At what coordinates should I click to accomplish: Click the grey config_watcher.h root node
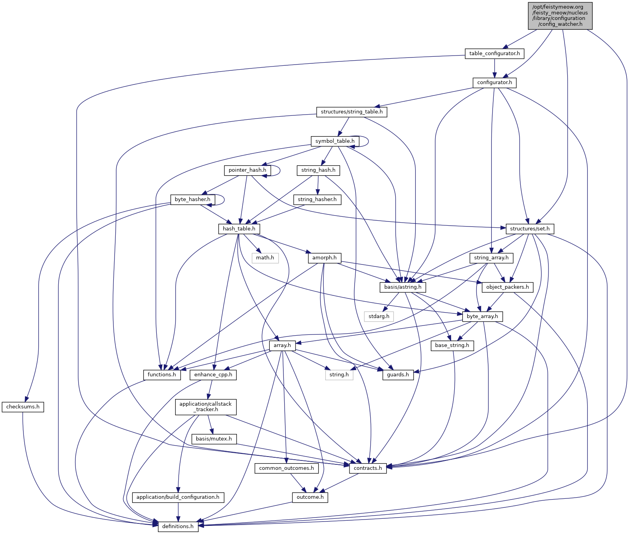(560, 16)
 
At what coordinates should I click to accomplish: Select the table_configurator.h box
(495, 54)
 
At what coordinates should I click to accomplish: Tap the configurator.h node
(495, 83)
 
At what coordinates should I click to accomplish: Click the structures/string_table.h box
(351, 112)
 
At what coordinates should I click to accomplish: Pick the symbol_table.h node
(335, 141)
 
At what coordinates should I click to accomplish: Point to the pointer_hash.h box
(247, 170)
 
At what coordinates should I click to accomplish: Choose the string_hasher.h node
(317, 200)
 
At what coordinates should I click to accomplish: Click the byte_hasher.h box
(192, 200)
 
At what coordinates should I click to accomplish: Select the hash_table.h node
(239, 229)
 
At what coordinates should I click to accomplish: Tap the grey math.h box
(265, 258)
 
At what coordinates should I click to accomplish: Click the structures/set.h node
(530, 229)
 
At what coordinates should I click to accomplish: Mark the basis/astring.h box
(403, 287)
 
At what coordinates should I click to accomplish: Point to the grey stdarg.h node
(379, 316)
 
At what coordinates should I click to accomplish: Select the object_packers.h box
(507, 287)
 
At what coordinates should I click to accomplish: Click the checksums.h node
(23, 407)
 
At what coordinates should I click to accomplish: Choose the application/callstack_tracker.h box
(206, 407)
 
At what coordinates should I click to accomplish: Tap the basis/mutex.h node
(214, 439)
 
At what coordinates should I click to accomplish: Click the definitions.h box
(178, 527)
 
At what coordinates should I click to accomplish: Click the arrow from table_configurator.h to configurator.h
(495, 68)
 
